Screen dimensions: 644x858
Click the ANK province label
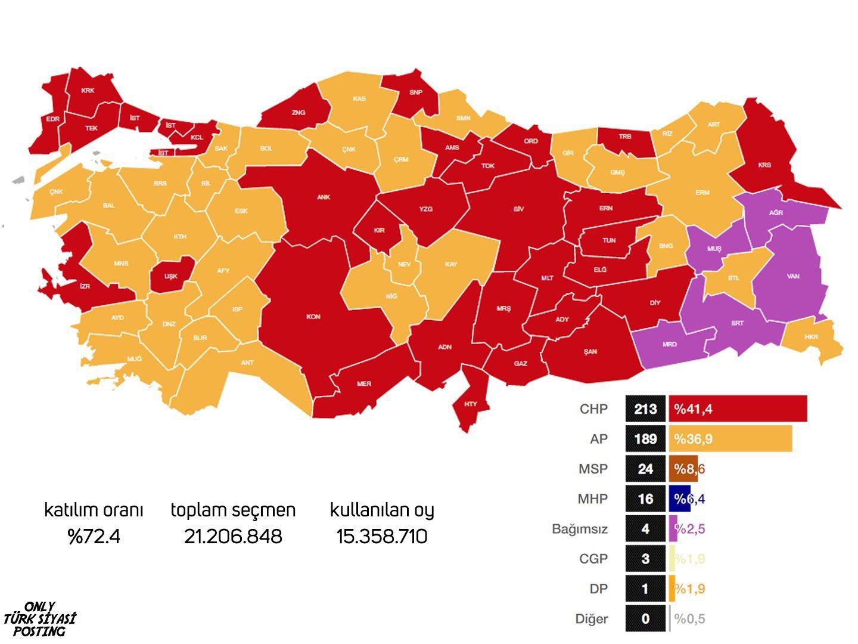324,197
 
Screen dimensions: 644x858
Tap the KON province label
313,317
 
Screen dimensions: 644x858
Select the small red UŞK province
171,277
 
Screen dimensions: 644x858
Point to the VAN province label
793,277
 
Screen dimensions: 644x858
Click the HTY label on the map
471,404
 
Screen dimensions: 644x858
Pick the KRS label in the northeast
764,165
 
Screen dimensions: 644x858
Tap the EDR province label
53,119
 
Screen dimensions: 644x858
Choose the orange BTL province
733,278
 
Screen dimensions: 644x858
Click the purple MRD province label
669,344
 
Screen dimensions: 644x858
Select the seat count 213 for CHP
645,409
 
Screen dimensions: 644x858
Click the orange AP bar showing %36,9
730,439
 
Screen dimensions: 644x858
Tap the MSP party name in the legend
593,469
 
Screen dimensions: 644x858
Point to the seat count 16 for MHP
645,499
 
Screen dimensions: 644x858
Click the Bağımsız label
580,528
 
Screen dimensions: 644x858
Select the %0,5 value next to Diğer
689,618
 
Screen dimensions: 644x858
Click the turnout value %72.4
94,537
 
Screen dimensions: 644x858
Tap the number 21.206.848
233,537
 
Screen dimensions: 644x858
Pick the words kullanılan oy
382,510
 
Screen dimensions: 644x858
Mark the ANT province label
247,363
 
